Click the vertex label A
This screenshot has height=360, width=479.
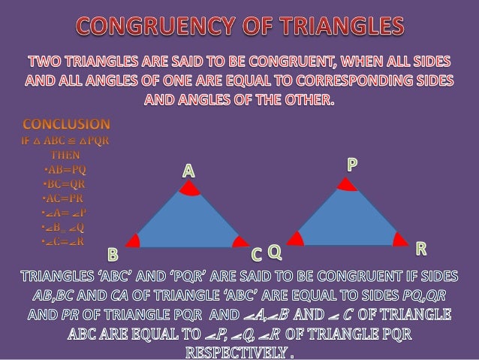pyautogui.click(x=188, y=171)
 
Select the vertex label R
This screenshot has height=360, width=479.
pyautogui.click(x=421, y=248)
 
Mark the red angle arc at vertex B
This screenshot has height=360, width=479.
pyautogui.click(x=134, y=241)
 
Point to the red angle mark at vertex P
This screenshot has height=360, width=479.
pyautogui.click(x=345, y=185)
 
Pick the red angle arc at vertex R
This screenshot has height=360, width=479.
pyautogui.click(x=401, y=239)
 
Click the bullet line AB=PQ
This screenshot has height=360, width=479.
pyautogui.click(x=65, y=169)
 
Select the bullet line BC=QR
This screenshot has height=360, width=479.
pyautogui.click(x=65, y=184)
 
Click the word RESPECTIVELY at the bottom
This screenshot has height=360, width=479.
pyautogui.click(x=239, y=350)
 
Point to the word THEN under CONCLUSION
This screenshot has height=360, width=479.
pyautogui.click(x=65, y=154)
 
